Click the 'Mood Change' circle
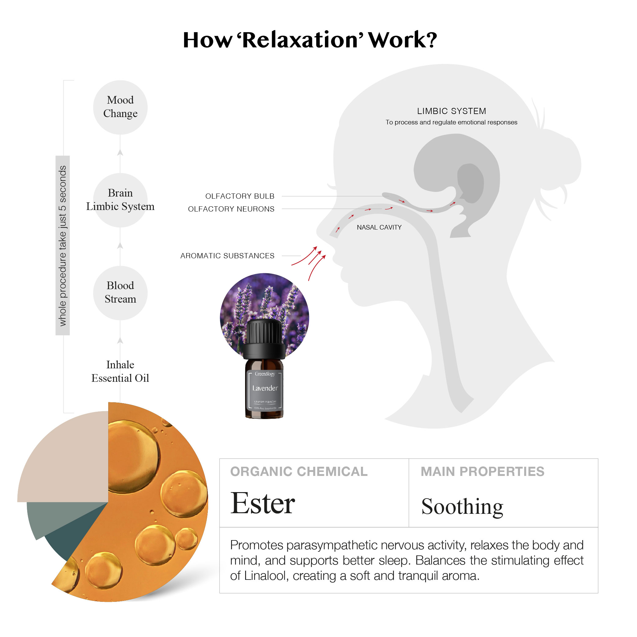coord(120,107)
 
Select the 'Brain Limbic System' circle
coord(120,200)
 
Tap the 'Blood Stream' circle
coord(120,293)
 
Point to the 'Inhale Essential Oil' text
coord(120,372)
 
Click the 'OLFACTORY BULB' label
coord(240,196)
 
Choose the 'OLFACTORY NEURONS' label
coord(231,209)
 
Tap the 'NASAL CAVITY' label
coord(379,227)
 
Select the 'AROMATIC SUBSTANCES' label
coord(227,256)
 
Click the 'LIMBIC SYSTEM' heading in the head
coord(451,111)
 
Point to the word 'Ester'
coord(263,503)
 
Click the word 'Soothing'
coord(462,506)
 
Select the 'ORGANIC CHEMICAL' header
coord(299,472)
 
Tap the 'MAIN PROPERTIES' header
coord(482,472)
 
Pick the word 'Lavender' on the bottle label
coord(265,388)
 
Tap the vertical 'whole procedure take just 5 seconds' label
coord(62,245)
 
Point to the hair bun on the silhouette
coord(557,162)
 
